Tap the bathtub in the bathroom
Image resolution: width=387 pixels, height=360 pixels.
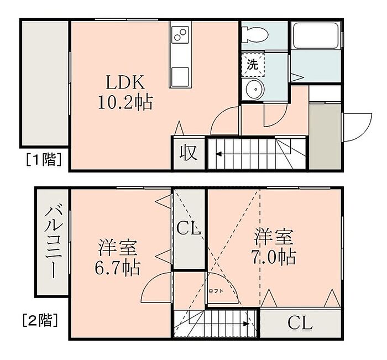click(316, 35)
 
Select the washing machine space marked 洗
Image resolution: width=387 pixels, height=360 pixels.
click(253, 65)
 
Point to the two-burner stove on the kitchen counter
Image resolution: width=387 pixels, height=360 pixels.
click(180, 34)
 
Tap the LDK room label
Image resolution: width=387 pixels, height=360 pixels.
click(125, 83)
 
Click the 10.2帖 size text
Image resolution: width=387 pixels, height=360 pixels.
click(125, 102)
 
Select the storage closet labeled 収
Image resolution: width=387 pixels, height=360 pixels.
click(189, 153)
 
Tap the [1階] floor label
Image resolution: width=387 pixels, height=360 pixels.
click(44, 159)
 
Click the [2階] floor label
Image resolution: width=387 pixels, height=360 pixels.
click(40, 320)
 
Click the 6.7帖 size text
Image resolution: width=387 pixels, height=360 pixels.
click(117, 268)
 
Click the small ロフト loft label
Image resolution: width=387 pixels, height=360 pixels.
click(216, 291)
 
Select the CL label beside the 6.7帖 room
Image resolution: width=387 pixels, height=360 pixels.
click(189, 229)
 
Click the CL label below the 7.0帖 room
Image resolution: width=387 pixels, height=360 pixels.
click(300, 323)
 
